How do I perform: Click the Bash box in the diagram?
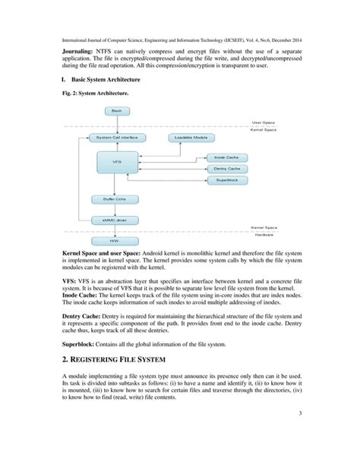coord(116,111)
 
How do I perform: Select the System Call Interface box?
coord(115,138)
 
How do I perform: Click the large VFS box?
coord(115,163)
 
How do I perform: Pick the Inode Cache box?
coord(226,157)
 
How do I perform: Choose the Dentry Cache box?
coord(226,168)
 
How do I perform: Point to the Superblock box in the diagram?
coord(226,180)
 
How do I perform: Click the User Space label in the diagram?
coord(264,122)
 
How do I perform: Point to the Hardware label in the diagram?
coord(265,234)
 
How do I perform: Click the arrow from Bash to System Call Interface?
coord(115,124)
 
